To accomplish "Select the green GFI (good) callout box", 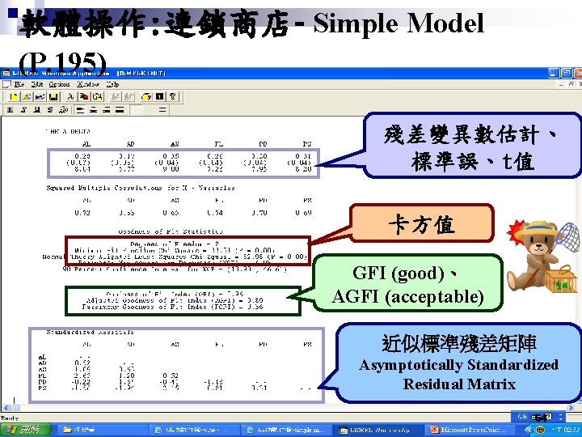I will [409, 284].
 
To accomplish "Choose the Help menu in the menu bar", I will [112, 84].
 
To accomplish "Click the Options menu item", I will [60, 84].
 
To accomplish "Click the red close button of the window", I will [576, 73].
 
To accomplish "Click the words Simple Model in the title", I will [399, 23].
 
